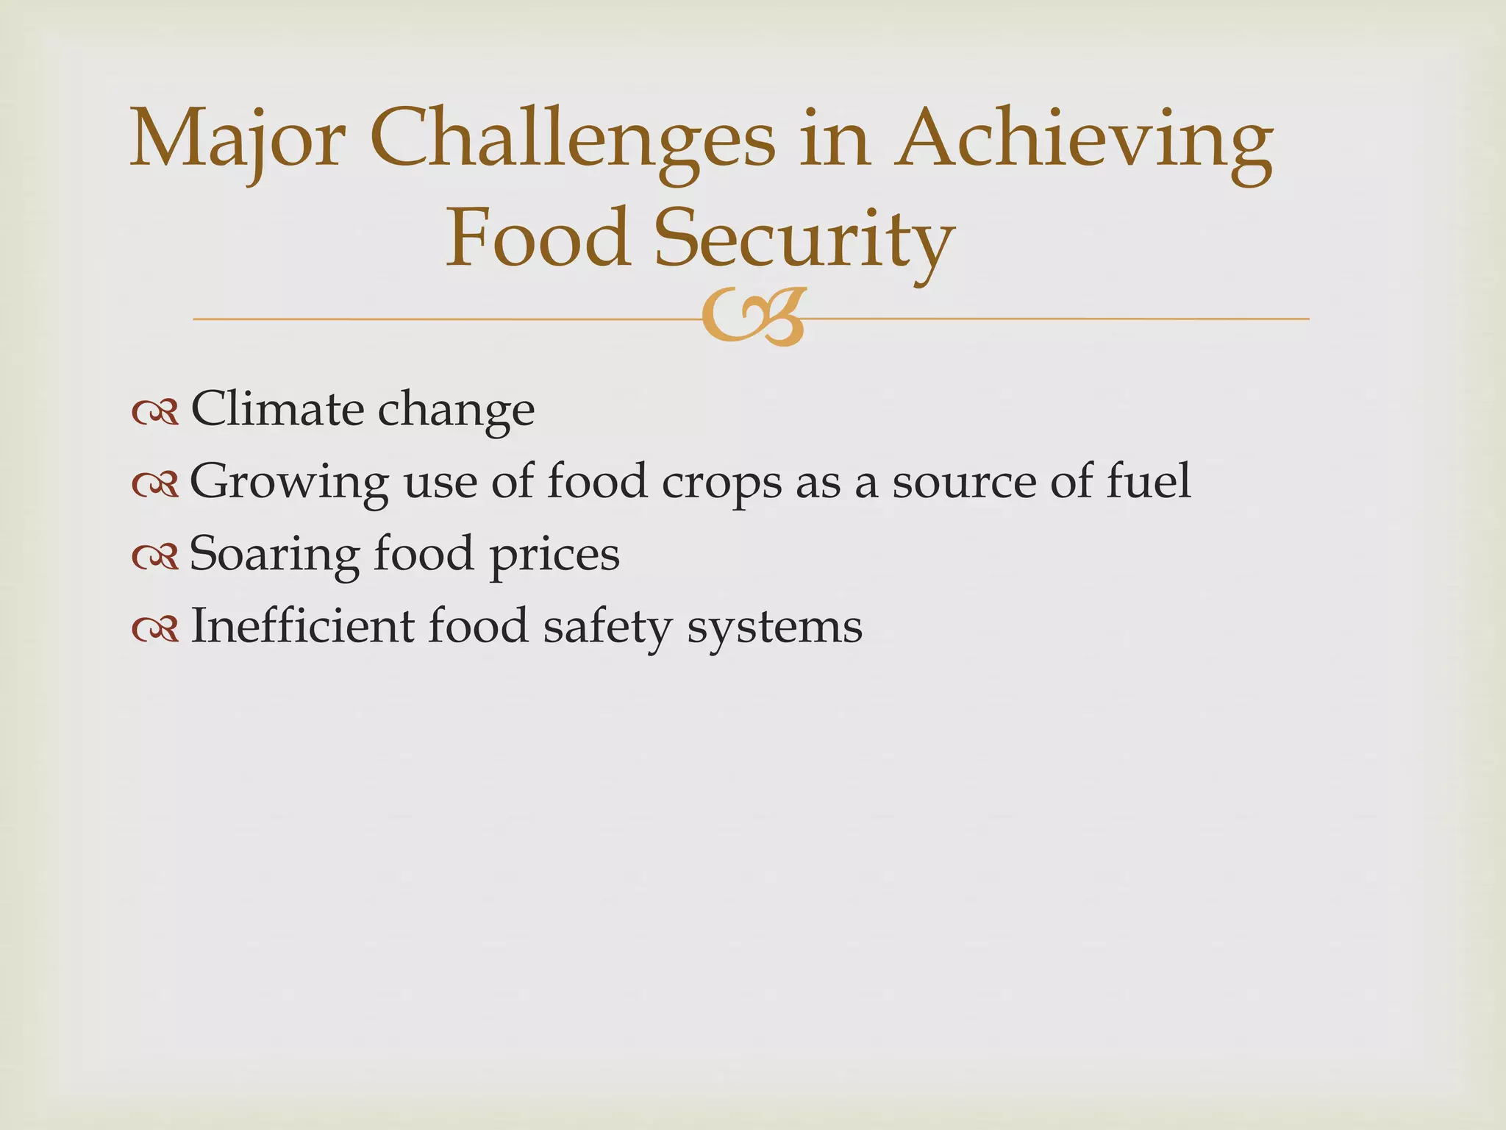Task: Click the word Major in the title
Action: pyautogui.click(x=237, y=140)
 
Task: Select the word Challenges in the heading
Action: pyautogui.click(x=571, y=140)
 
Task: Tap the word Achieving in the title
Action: pyautogui.click(x=1086, y=140)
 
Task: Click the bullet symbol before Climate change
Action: pyautogui.click(x=155, y=414)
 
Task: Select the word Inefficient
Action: pyautogui.click(x=302, y=626)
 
